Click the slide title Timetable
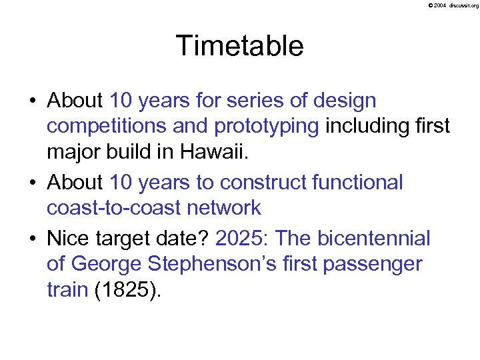click(x=239, y=46)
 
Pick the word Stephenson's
click(x=204, y=264)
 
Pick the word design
click(x=343, y=101)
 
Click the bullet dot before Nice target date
click(x=33, y=239)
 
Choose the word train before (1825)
click(x=67, y=290)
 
